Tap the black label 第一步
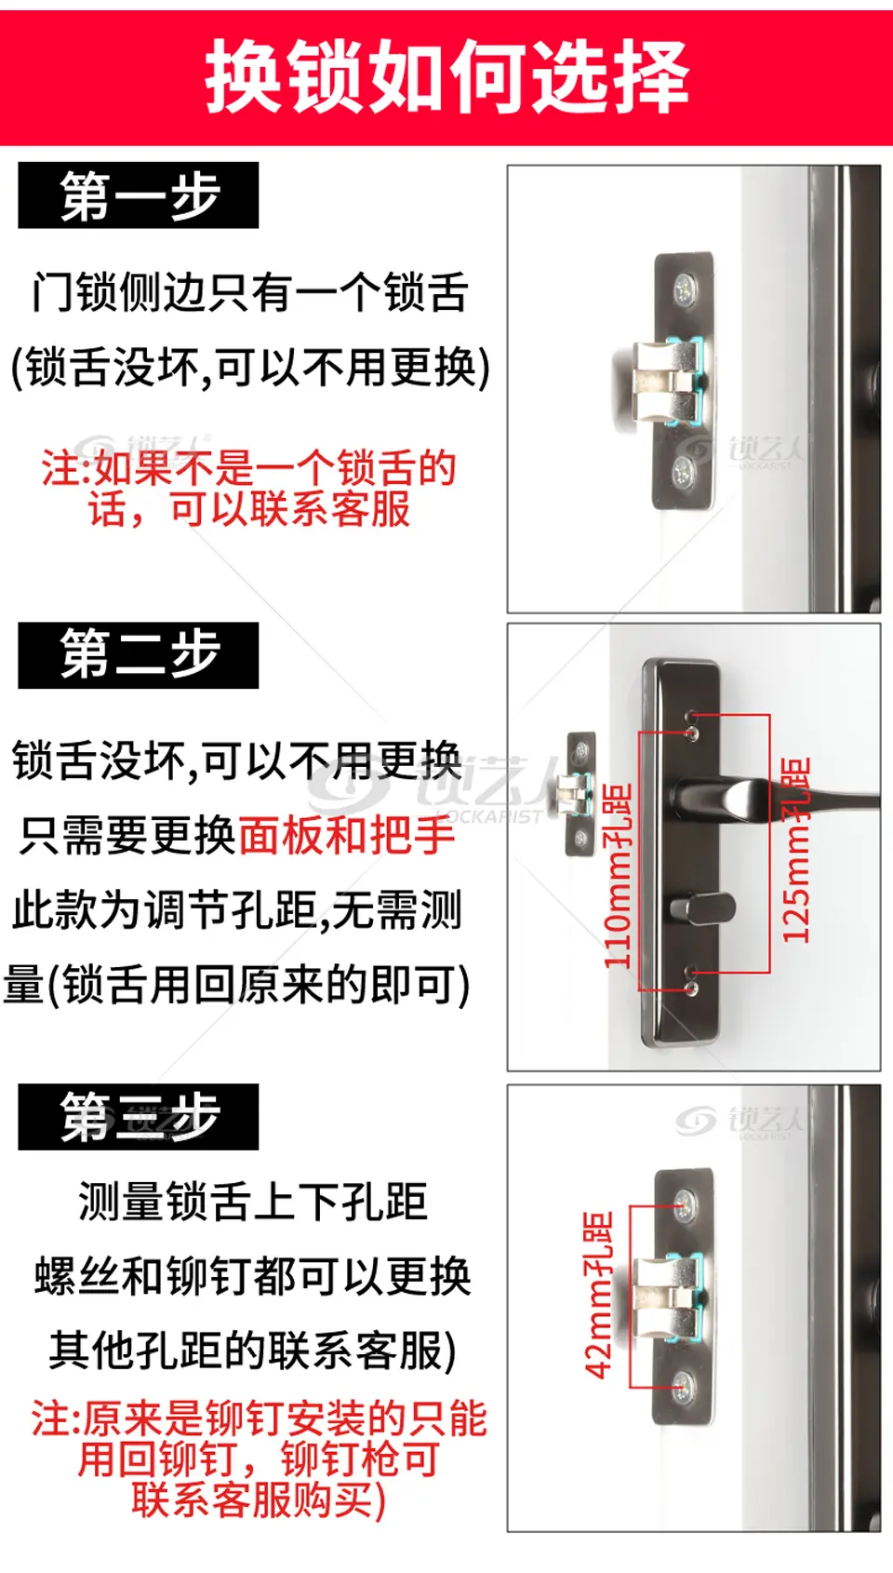139,195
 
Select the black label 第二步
139,655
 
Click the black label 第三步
139,1117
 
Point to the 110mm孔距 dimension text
619,876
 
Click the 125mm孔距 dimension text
796,850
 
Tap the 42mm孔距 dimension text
599,1295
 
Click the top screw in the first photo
684,288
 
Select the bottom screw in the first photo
683,469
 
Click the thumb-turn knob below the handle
702,908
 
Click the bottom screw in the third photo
683,1386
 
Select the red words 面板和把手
347,836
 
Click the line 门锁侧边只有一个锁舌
250,292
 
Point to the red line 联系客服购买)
259,1500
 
